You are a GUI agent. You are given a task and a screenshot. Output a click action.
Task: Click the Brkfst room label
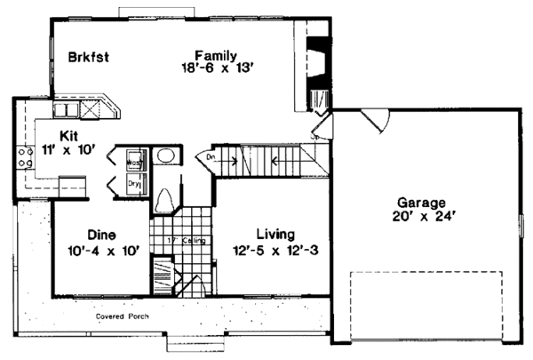(88, 58)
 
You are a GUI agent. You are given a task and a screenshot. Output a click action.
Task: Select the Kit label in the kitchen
(70, 136)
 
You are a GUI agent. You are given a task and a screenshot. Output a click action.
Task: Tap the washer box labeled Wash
(134, 162)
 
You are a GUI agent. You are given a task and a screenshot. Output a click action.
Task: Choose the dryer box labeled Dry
(134, 185)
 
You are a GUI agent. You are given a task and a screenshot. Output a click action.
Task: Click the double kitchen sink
(66, 110)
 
